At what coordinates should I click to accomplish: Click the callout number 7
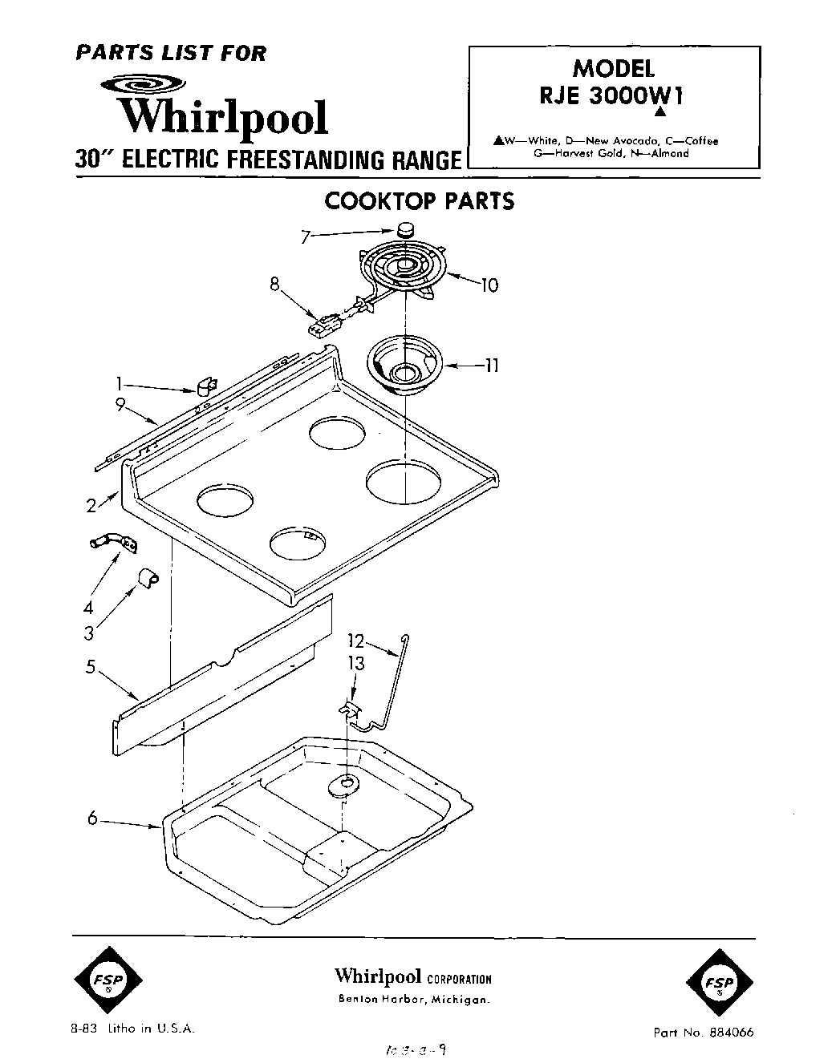click(305, 237)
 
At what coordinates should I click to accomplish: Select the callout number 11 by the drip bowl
click(492, 366)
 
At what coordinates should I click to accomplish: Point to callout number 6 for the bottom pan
click(93, 819)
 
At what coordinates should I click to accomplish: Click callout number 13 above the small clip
click(355, 664)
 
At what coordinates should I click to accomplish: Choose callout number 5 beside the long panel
click(91, 666)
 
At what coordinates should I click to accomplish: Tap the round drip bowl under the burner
click(406, 366)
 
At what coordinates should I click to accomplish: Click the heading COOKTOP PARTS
click(419, 201)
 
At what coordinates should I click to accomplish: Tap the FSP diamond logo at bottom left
click(108, 983)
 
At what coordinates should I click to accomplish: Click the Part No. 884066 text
click(704, 1033)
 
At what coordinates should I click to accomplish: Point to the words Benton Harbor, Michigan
click(413, 1000)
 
